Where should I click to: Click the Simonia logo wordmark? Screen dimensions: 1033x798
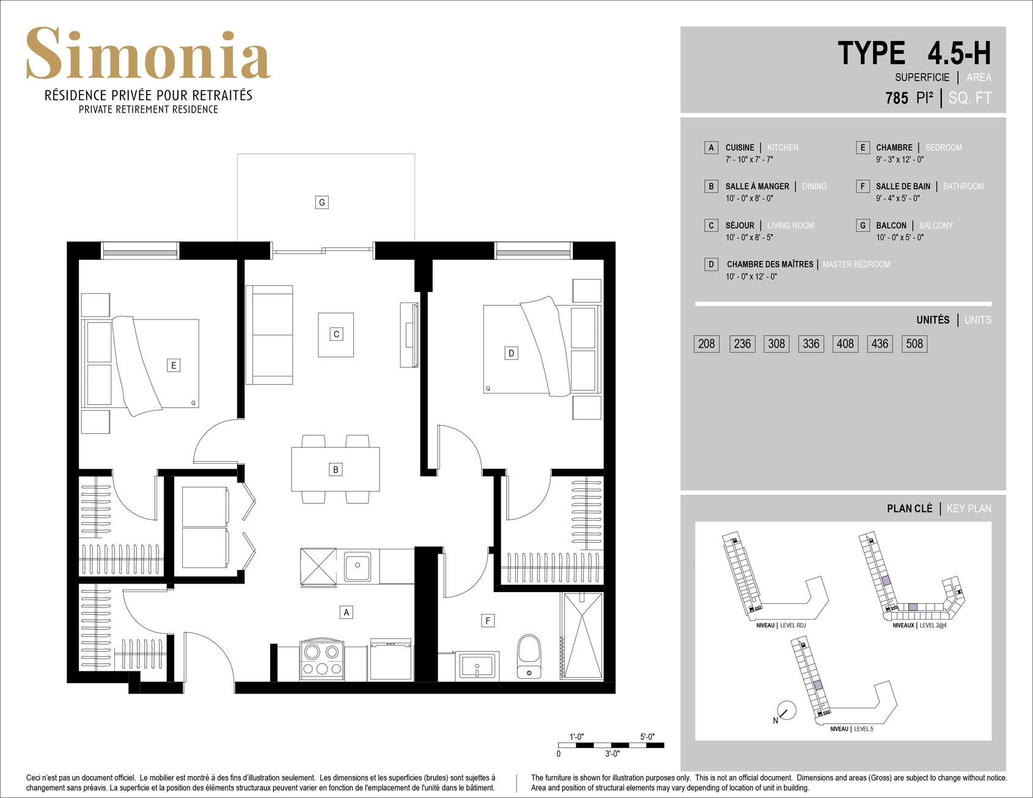148,54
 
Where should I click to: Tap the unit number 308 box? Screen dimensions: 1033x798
776,343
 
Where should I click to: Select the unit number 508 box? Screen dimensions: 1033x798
914,343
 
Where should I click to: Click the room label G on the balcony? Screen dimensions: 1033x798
322,202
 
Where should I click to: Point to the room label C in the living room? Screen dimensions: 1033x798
336,334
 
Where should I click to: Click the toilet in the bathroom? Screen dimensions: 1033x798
529,657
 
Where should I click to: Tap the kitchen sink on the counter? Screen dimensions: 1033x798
358,566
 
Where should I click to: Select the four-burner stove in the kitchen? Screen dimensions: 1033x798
322,660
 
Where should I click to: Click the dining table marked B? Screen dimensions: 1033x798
336,469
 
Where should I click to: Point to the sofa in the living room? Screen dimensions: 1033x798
269,335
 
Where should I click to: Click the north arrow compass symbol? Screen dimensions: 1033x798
786,711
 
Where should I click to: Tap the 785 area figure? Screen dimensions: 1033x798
897,98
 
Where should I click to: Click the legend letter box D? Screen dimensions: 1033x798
711,265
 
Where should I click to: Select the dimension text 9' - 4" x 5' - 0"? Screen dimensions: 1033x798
898,199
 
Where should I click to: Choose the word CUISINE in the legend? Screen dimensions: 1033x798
740,148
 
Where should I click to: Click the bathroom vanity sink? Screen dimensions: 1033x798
477,666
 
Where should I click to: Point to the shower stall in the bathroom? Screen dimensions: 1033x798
582,635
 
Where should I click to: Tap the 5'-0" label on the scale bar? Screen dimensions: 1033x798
647,737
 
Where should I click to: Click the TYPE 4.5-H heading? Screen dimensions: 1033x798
914,53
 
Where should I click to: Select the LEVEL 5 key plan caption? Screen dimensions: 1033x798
864,729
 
